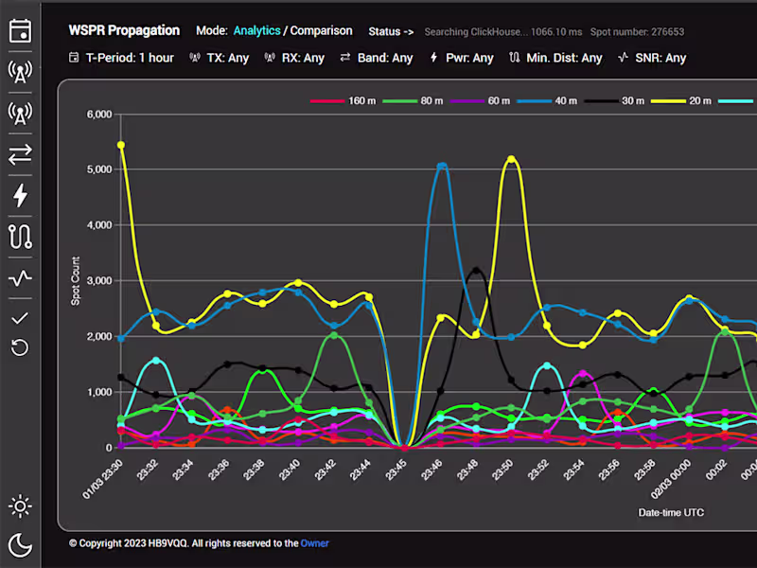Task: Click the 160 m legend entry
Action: (x=350, y=100)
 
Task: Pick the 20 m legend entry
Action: (x=693, y=100)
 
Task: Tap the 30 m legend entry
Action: (x=625, y=100)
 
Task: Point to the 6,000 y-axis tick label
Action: (x=98, y=115)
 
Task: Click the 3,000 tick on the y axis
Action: (x=98, y=281)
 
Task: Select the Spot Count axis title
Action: (x=76, y=281)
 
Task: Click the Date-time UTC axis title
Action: (x=671, y=512)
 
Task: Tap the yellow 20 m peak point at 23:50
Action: (x=512, y=160)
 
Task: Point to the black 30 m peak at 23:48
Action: (x=476, y=272)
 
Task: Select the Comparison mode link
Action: (x=321, y=31)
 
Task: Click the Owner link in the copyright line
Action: (x=314, y=543)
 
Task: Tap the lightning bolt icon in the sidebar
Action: (x=20, y=196)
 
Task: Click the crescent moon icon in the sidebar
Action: (x=20, y=543)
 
